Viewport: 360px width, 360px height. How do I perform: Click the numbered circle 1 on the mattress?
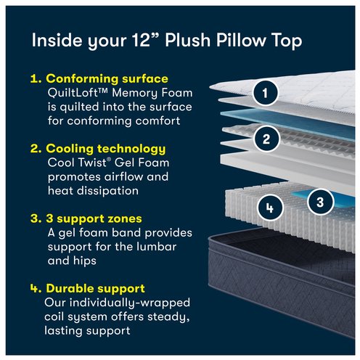click(265, 93)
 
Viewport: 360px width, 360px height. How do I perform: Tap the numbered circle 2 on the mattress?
click(266, 139)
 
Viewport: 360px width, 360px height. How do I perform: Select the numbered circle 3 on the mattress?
click(320, 202)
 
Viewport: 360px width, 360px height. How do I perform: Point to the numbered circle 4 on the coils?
click(270, 208)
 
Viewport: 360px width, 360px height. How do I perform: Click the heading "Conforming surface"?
click(107, 78)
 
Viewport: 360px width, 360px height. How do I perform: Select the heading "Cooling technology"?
click(106, 149)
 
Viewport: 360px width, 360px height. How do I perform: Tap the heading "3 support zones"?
click(94, 218)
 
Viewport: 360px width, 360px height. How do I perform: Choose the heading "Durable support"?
click(95, 288)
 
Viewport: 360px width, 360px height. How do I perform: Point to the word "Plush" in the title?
click(188, 40)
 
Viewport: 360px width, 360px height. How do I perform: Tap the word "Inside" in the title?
click(57, 40)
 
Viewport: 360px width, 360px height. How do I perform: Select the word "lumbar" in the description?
click(157, 247)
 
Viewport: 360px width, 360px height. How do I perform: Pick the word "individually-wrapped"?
click(130, 303)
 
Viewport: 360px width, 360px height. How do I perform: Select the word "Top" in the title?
click(287, 41)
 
